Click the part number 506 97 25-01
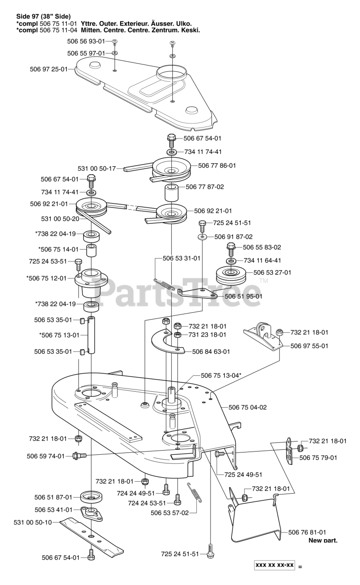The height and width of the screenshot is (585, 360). click(48, 69)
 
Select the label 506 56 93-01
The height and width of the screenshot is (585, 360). click(86, 41)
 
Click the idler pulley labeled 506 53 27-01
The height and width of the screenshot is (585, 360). click(231, 276)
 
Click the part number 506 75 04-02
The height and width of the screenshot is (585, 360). click(247, 407)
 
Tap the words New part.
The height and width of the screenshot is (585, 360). click(323, 540)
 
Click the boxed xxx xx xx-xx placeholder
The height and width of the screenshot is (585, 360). click(275, 565)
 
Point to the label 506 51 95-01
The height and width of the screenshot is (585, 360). click(244, 296)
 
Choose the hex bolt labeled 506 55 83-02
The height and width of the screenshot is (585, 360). click(231, 249)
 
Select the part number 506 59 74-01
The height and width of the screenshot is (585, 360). click(46, 456)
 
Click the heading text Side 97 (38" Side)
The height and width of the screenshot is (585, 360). click(43, 17)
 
